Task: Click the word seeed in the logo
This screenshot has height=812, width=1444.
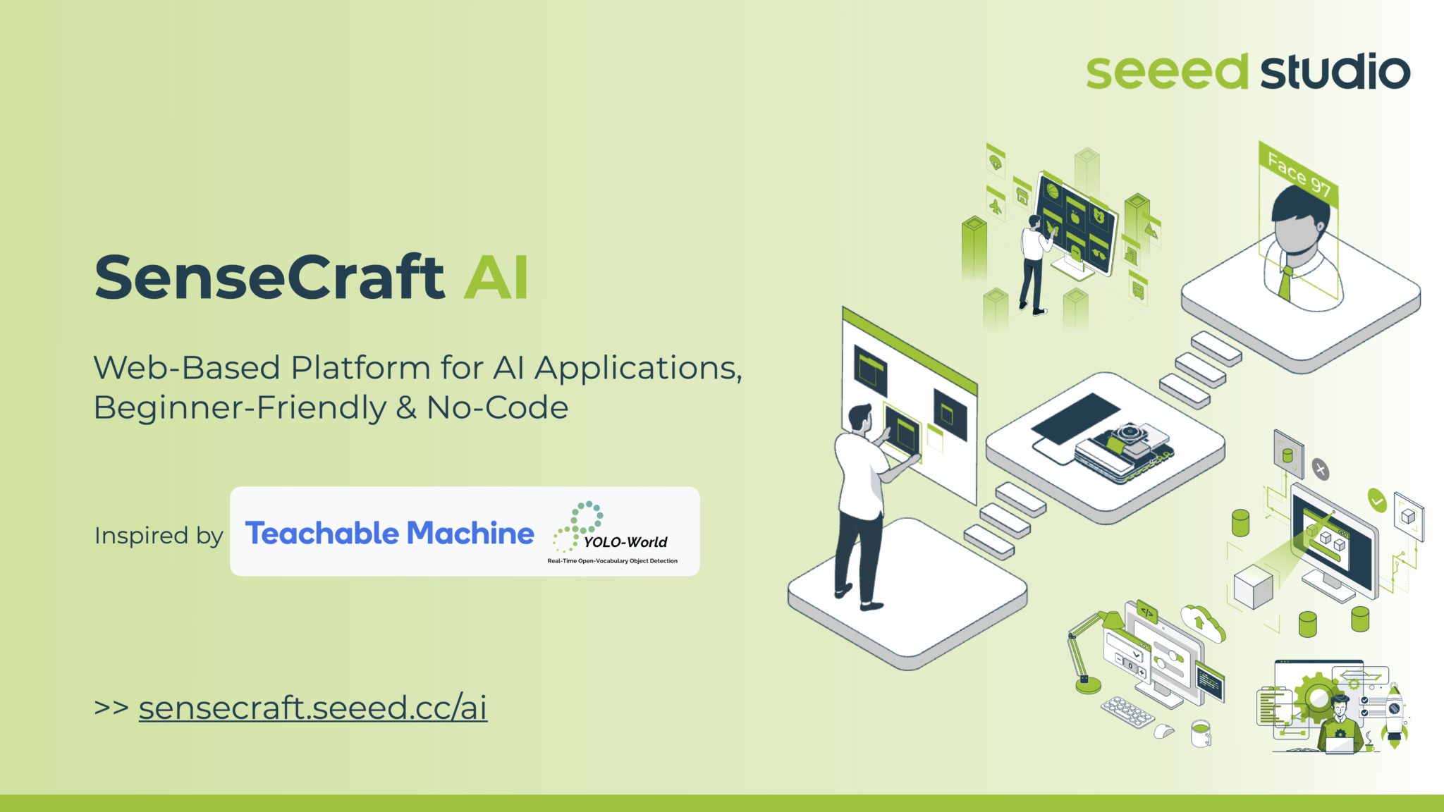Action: click(1166, 72)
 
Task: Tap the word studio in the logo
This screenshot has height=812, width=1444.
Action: click(1335, 72)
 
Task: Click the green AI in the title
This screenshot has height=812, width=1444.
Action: click(496, 277)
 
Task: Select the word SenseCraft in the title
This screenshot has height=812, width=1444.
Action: click(269, 277)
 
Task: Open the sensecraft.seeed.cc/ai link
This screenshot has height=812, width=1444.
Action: click(312, 708)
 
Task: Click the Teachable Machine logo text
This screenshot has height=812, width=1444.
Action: click(389, 533)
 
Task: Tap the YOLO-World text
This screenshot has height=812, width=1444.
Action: click(625, 542)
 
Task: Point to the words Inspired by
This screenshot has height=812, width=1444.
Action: click(159, 536)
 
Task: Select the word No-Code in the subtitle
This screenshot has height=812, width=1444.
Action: click(497, 407)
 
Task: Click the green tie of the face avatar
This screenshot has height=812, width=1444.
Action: click(1285, 282)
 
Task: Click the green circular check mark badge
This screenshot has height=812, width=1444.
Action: click(1376, 500)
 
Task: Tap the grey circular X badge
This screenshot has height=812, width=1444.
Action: click(1320, 469)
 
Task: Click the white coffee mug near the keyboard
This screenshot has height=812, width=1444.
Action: click(1200, 733)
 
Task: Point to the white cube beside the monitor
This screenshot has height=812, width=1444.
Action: click(1253, 586)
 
